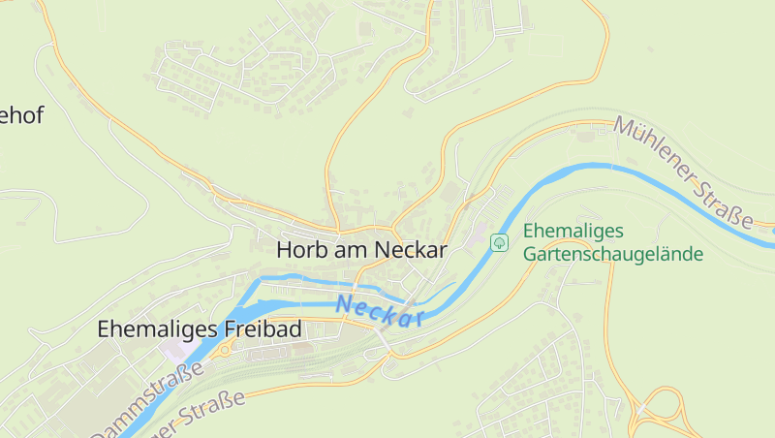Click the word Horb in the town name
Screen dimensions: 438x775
click(301, 249)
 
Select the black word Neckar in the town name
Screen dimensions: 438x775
click(411, 249)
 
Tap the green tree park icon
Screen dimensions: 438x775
click(500, 242)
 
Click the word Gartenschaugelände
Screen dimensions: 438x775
click(613, 254)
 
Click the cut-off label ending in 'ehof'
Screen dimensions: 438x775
click(20, 115)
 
